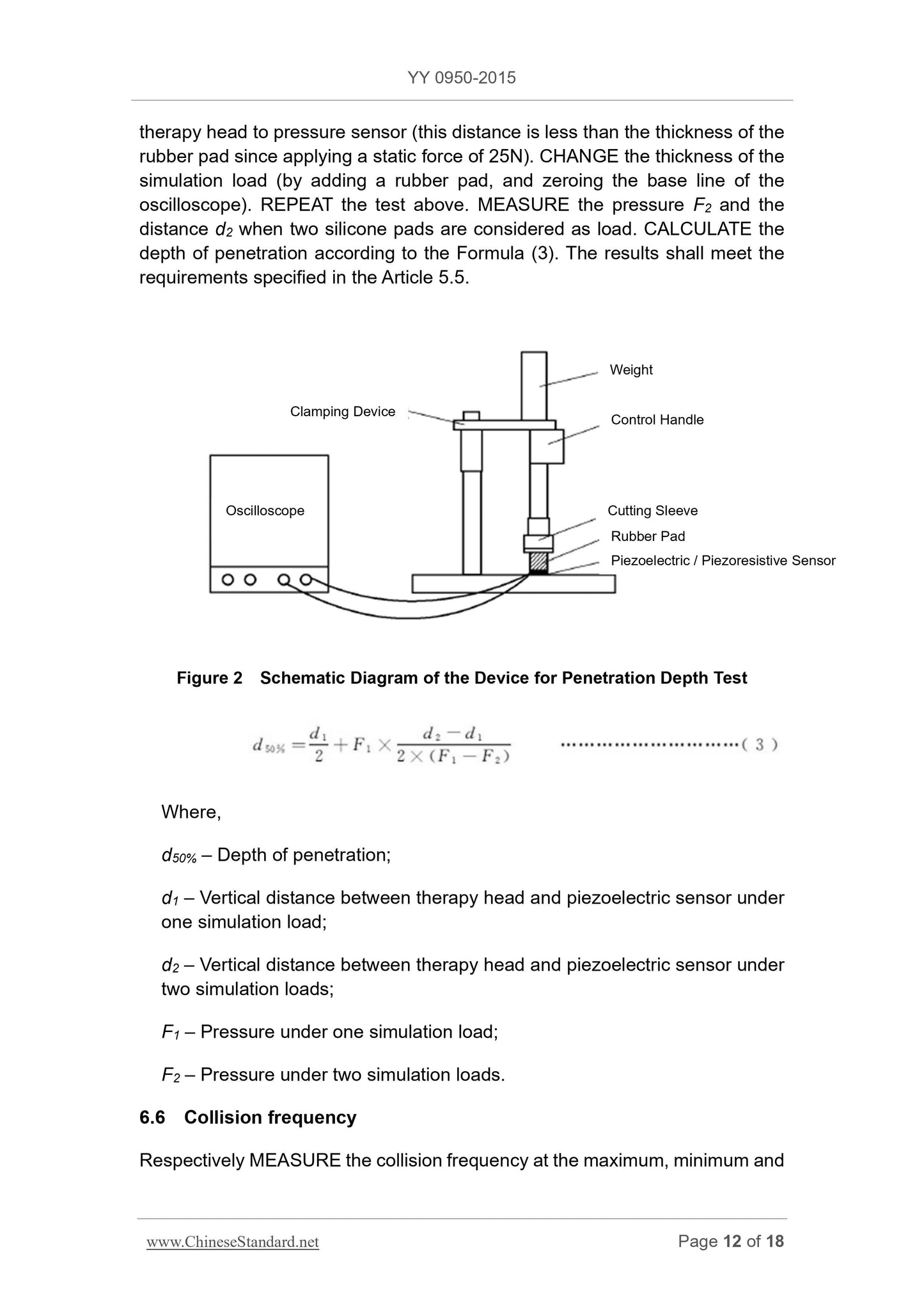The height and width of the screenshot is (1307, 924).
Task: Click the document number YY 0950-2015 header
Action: [x=461, y=78]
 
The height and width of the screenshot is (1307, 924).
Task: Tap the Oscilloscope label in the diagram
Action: [x=265, y=511]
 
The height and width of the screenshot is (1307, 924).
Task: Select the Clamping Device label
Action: [x=342, y=412]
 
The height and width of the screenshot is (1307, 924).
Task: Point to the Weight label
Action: [x=630, y=370]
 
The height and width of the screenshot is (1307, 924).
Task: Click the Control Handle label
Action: [x=657, y=420]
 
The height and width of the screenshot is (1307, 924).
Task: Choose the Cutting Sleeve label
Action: [x=652, y=511]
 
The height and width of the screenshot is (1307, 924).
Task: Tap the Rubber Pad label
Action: [x=647, y=536]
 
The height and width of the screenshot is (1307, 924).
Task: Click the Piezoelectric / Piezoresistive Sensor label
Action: [x=723, y=561]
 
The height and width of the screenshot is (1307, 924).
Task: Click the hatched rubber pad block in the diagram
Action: [x=539, y=562]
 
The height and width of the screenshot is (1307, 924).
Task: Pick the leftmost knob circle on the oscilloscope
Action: [x=227, y=580]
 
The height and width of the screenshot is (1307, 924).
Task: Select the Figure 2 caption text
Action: [x=462, y=678]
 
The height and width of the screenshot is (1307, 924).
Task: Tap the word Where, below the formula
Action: [x=191, y=812]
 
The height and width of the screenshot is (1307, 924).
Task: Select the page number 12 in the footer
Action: [x=732, y=1241]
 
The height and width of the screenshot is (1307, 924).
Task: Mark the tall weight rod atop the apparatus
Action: [x=533, y=385]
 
